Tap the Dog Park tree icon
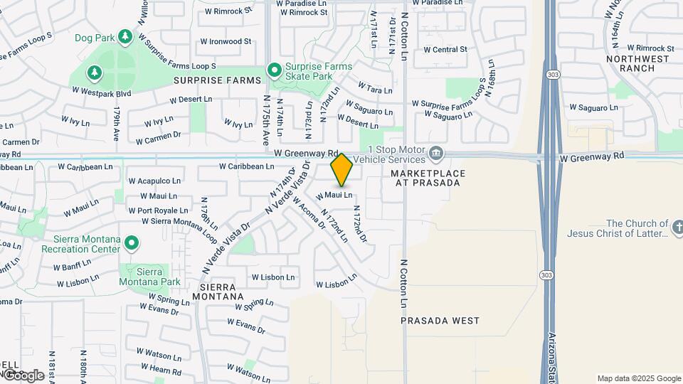[x=125, y=36]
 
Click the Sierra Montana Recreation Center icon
[x=131, y=244]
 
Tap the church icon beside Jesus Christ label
[x=677, y=228]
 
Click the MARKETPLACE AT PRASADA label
[x=428, y=178]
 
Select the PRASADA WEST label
[x=440, y=321]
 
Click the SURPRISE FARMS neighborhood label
[x=217, y=81]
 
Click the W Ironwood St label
[x=226, y=41]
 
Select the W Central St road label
[x=445, y=50]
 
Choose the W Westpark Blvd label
[x=102, y=92]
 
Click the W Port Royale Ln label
[x=157, y=210]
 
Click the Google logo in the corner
[x=23, y=375]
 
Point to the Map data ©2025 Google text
[x=638, y=378]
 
